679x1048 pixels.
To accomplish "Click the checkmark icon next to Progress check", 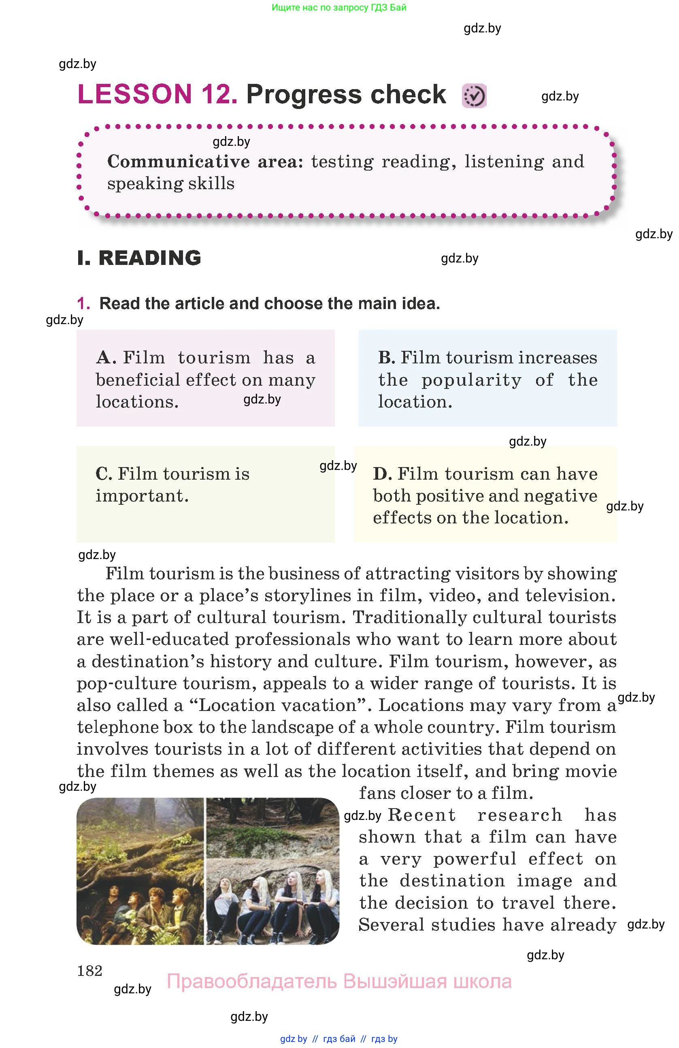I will coord(474,96).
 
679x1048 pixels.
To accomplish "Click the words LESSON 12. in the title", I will coord(157,94).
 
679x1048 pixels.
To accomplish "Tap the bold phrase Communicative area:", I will coord(205,162).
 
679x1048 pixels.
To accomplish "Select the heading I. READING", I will coord(139,258).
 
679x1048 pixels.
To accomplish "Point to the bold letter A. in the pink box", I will coord(106,358).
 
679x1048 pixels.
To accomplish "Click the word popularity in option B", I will coord(471,380).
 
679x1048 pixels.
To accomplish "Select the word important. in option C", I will coord(142,496).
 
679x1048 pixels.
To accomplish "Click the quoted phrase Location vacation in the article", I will coord(277,705).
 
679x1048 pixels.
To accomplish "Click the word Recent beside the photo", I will coord(421,815).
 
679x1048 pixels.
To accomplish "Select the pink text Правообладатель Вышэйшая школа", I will coord(339,982).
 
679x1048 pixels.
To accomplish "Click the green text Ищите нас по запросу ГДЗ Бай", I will coord(339,7).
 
